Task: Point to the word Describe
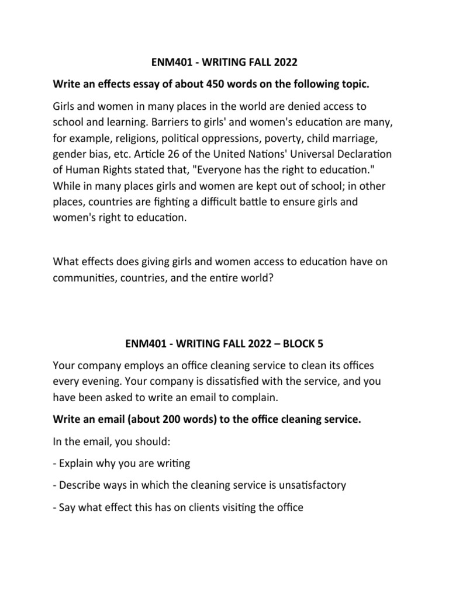[81, 485]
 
